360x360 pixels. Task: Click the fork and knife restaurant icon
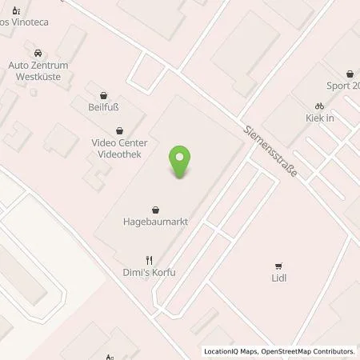coord(149,259)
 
